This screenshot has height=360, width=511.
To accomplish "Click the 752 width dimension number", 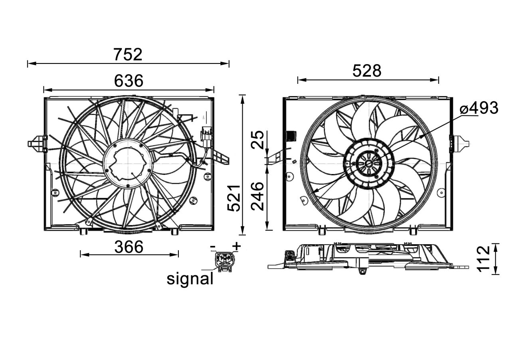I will pos(128,55).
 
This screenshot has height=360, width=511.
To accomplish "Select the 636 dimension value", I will pos(129,81).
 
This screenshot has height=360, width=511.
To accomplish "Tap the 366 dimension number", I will pos(129,247).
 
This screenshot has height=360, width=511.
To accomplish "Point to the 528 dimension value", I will pos(367,71).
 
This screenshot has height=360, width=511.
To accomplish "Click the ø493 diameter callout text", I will pos(479,108).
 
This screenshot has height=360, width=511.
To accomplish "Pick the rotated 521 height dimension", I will pos(234,198).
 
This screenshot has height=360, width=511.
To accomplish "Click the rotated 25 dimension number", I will pos(259,140).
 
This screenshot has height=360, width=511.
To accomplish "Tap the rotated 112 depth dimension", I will pos(483,259).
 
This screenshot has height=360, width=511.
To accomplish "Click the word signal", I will pos(190,279).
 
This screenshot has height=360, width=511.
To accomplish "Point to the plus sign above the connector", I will pos(237,246).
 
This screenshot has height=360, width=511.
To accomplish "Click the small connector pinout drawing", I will pos(224,261).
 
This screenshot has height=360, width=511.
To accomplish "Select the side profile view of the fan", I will pos(367,257).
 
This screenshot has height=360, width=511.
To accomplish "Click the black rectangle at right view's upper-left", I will pos(291,136).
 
